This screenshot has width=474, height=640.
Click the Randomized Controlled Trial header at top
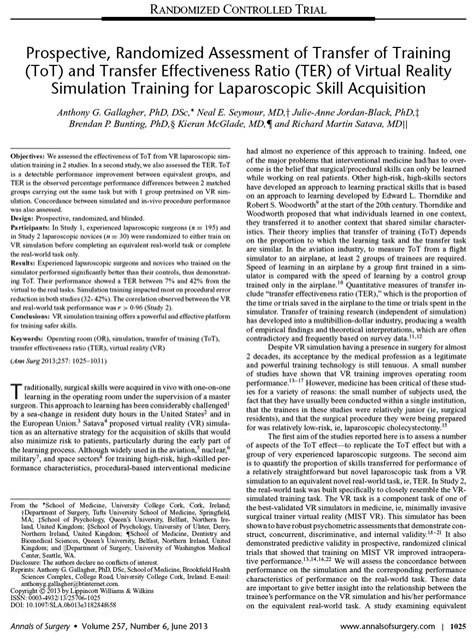(236, 10)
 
